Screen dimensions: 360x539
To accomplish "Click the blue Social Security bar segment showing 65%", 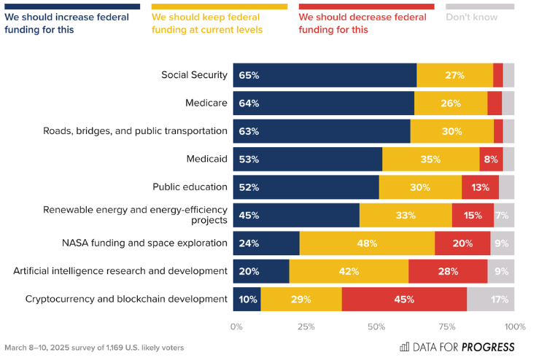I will tap(325, 75).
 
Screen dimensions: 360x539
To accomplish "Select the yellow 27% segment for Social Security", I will tap(454, 75).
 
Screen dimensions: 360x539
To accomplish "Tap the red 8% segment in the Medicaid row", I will tap(490, 159).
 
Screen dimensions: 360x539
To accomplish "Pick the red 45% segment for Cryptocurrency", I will tap(404, 299).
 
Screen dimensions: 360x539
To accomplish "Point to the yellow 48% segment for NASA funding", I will tap(367, 243).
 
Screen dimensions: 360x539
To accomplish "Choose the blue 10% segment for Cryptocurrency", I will tap(247, 299).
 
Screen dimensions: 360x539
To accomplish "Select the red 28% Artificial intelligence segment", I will tap(448, 271).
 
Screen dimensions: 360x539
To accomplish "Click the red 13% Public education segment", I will tap(480, 187).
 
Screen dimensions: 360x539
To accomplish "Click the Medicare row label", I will tap(206, 103).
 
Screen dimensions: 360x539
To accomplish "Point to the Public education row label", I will tap(190, 187).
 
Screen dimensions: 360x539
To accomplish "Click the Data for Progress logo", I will tap(457, 347).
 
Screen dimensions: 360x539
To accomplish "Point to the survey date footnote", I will tap(94, 348).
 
